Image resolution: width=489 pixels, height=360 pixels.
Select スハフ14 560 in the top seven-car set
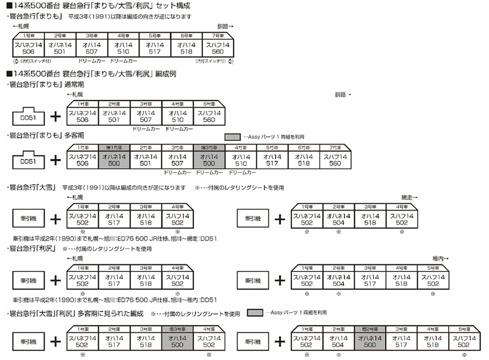(x=217, y=48)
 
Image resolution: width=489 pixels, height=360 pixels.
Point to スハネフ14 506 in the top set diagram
(x=29, y=48)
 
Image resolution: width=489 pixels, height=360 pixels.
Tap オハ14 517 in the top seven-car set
(x=155, y=48)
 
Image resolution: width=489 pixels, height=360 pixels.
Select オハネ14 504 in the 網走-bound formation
(x=338, y=219)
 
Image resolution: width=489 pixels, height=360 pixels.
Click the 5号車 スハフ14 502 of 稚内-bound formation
(x=433, y=280)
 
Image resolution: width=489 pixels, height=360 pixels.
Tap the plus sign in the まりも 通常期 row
(x=55, y=116)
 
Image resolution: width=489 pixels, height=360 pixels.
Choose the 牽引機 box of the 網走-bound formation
(x=252, y=219)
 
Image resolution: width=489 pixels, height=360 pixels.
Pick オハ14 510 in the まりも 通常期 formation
(x=178, y=116)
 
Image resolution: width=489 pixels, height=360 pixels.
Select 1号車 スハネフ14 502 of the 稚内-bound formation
(x=306, y=280)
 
